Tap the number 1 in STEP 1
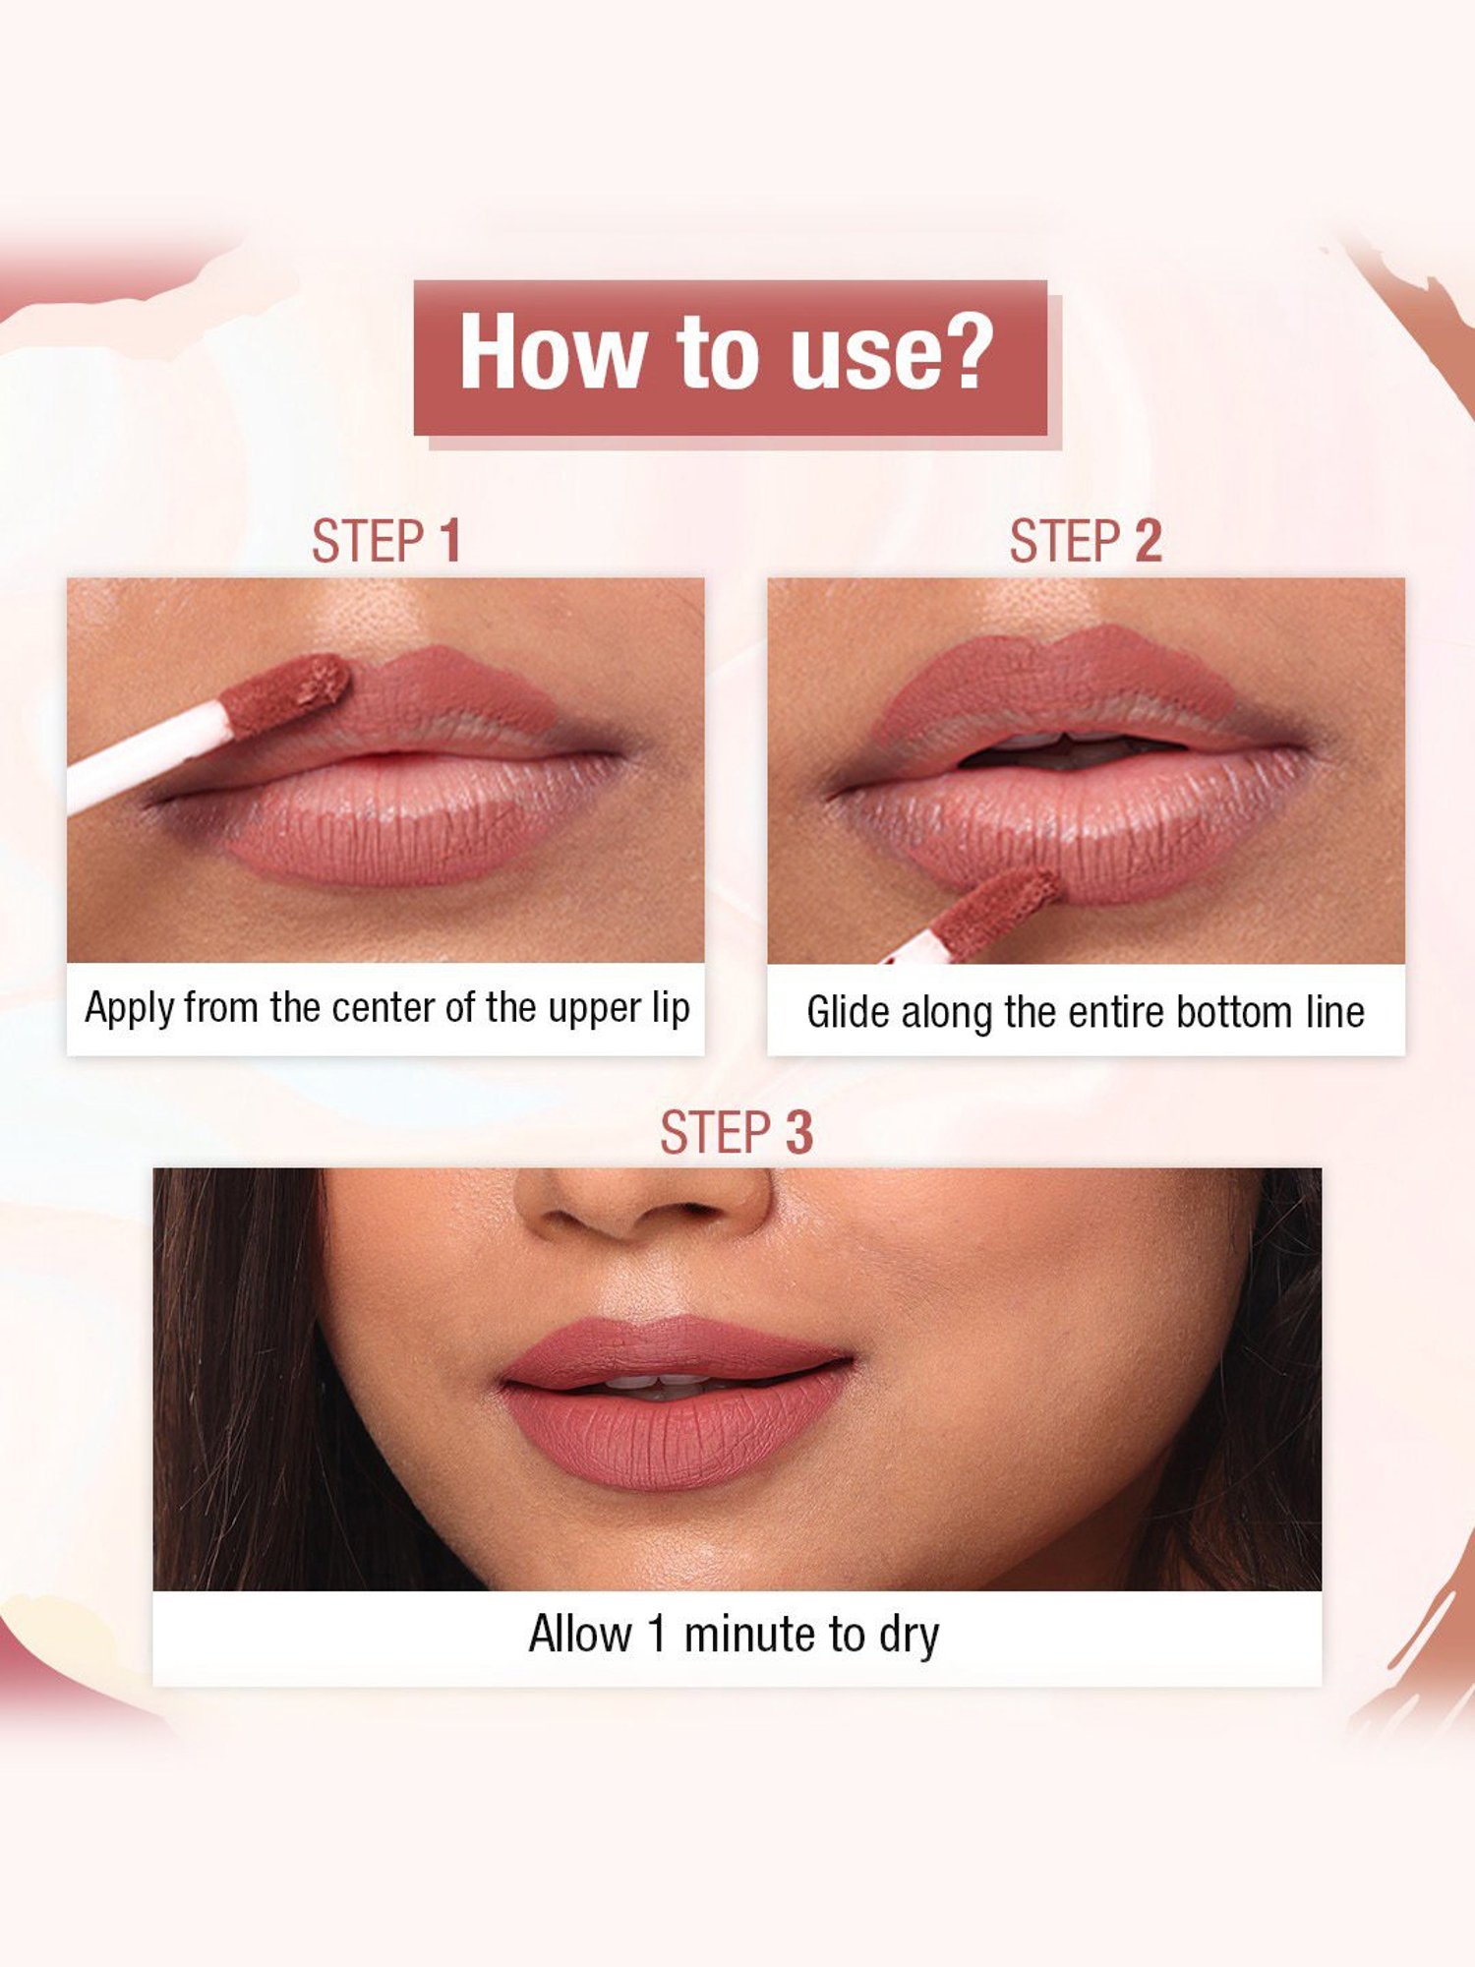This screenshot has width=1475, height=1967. coord(450,542)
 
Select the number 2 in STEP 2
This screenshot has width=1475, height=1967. coord(1148,542)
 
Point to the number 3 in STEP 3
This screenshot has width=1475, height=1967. coord(798,1133)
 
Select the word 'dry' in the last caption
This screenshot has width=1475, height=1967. coord(909,1636)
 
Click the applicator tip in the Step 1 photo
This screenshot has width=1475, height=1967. coord(285,692)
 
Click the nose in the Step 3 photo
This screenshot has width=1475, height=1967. coord(644,1205)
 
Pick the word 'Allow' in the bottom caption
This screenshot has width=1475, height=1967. coord(580,1634)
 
